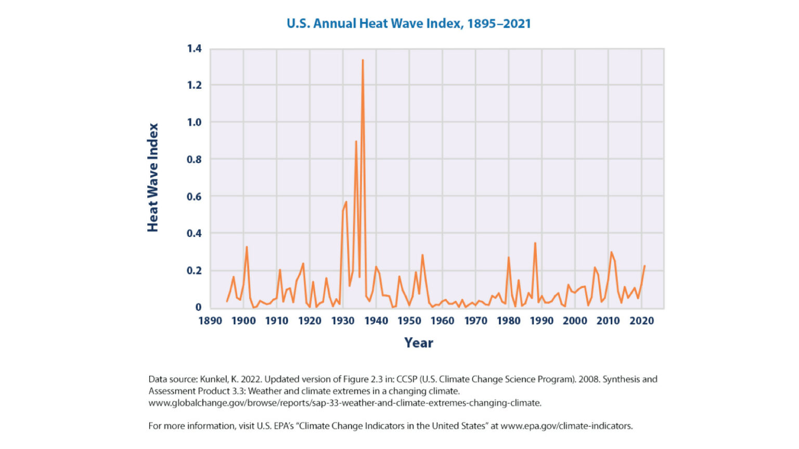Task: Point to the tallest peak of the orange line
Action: [363, 60]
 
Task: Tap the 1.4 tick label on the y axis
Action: [194, 49]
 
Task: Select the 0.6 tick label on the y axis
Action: [194, 196]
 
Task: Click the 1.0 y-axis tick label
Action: [194, 122]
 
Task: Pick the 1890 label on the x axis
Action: [210, 321]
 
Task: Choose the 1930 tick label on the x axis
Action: [343, 321]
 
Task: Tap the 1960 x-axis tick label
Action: [442, 321]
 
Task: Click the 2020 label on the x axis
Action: [641, 321]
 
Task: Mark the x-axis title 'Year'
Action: [419, 343]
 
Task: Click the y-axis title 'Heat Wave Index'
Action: [152, 178]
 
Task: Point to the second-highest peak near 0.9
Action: [356, 141]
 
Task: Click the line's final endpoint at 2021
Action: [645, 266]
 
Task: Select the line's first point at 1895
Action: [227, 301]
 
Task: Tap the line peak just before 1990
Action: [535, 243]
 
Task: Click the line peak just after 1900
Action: [247, 247]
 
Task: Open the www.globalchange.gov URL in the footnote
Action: [344, 403]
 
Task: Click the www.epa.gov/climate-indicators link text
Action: [566, 426]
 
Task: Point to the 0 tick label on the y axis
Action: [198, 307]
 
